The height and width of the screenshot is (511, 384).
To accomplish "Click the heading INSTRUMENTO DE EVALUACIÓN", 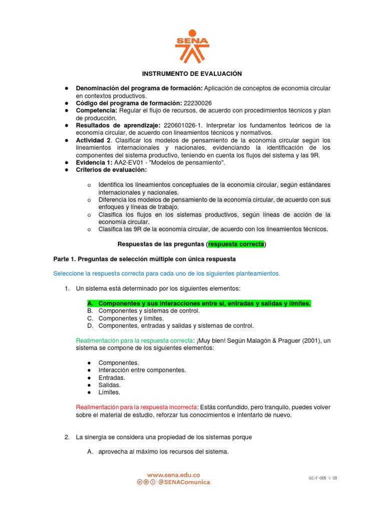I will click(x=192, y=74).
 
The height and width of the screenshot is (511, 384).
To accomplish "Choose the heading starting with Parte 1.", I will click(x=144, y=259).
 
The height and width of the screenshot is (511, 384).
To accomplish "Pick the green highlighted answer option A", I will click(x=198, y=303).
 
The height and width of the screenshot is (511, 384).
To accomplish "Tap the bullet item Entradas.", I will click(x=111, y=378).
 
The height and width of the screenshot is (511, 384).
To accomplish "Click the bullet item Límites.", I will click(x=109, y=393).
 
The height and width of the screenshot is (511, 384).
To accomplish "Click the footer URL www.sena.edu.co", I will click(x=173, y=475).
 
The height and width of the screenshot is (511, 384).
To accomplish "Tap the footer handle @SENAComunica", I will click(x=184, y=483).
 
